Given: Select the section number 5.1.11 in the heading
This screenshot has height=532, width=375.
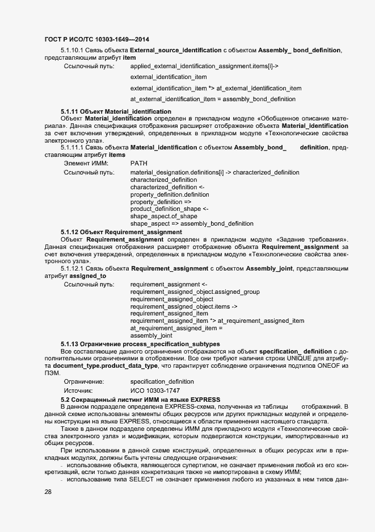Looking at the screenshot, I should [69, 111].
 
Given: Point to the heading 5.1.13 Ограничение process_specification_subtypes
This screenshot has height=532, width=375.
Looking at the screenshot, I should [140, 344].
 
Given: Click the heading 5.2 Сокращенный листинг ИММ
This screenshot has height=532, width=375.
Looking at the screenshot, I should [140, 400].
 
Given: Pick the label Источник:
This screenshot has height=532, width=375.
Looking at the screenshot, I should [78, 390].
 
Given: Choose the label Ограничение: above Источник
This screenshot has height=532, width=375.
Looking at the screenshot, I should [84, 381].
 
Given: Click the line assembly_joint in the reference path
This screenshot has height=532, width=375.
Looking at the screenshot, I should [151, 336].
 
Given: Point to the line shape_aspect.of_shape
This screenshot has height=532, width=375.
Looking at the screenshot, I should [163, 217].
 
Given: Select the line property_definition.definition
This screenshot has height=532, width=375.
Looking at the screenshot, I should [170, 194].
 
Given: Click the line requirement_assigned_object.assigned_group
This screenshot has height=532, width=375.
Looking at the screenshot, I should [195, 292].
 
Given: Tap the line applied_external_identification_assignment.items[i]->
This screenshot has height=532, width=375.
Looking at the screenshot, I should [204, 66].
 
